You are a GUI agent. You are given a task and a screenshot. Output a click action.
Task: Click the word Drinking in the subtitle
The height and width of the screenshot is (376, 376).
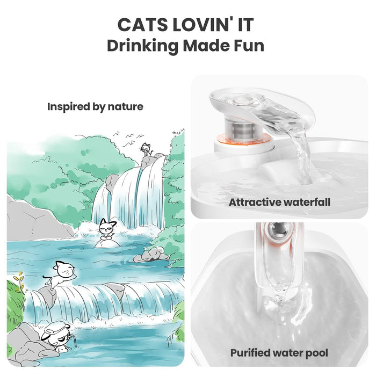[x=143, y=46]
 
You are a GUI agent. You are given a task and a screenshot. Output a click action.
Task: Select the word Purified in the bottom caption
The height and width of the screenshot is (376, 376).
[x=250, y=353]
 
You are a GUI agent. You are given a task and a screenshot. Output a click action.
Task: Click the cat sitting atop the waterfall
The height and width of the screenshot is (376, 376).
[x=146, y=150]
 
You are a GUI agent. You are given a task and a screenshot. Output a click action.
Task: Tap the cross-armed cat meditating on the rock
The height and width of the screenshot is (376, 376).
[x=107, y=230]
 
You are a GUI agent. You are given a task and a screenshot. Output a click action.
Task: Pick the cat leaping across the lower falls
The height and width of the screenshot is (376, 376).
[x=60, y=274]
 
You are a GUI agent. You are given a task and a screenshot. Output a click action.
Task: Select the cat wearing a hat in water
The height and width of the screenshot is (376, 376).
[x=57, y=337]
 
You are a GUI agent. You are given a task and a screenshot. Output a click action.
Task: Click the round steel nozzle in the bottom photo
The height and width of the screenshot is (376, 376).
[x=279, y=230]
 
